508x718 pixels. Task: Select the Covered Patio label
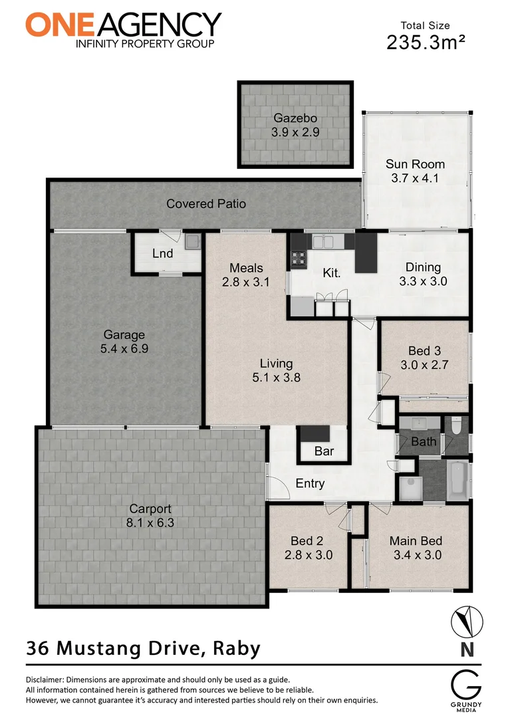tap(205, 203)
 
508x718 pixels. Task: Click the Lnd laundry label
tap(162, 253)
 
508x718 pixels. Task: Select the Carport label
tap(150, 509)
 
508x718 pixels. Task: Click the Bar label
tap(324, 451)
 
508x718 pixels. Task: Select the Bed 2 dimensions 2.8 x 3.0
tap(308, 555)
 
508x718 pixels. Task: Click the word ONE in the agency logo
tap(57, 25)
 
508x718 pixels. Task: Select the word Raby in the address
tap(236, 648)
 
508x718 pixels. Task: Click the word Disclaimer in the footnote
tap(47, 680)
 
